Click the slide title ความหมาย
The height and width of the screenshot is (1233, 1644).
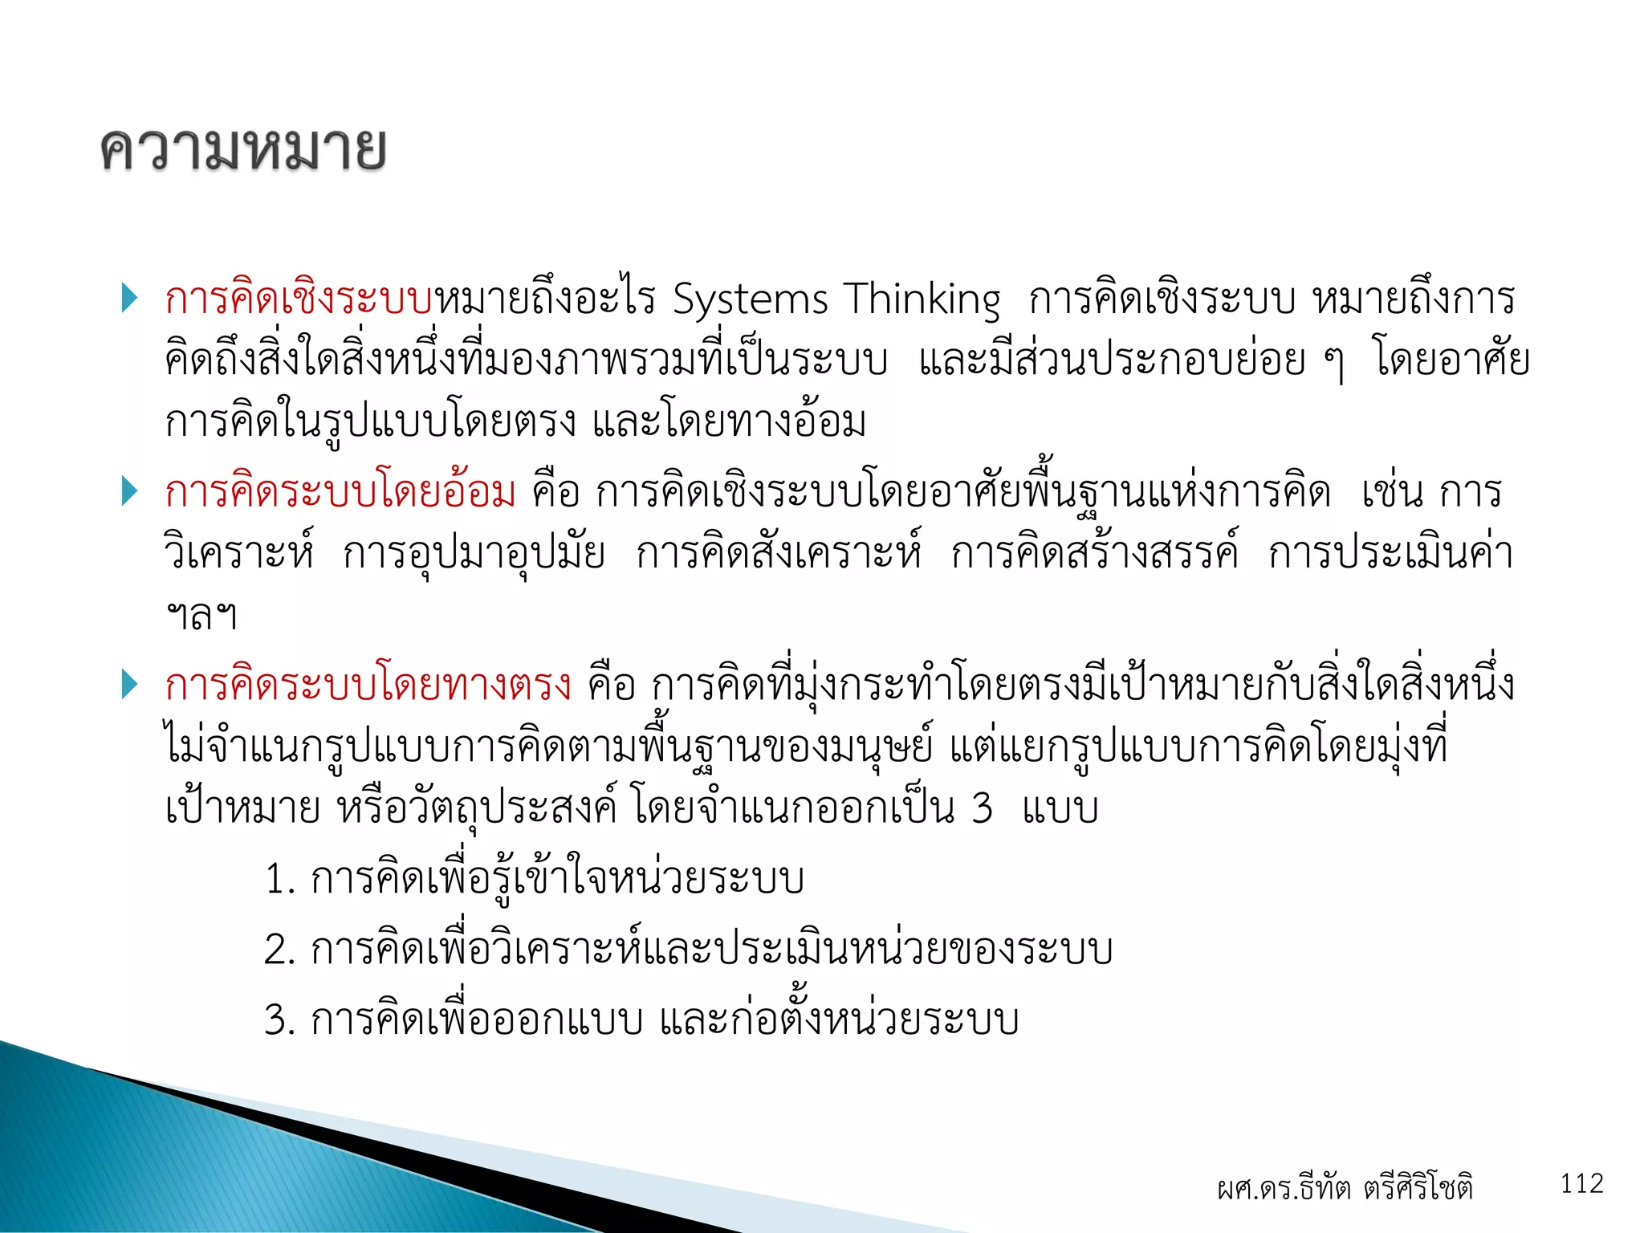(243, 149)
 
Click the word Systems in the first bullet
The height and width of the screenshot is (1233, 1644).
(750, 300)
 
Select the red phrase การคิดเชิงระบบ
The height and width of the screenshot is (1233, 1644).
(299, 299)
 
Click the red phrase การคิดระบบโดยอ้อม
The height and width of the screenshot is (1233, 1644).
(340, 491)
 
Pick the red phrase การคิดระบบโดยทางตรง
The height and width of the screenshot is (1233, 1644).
(368, 685)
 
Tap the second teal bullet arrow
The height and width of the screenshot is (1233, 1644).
(129, 490)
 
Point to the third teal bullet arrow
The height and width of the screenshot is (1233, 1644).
(129, 684)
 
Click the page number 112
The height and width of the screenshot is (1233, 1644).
(1581, 1183)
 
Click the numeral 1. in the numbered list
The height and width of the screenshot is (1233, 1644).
(280, 880)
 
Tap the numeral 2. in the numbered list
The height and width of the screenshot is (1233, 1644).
(280, 950)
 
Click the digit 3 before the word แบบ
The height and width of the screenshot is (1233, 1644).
(982, 809)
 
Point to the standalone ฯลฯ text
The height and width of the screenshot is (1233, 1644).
(201, 616)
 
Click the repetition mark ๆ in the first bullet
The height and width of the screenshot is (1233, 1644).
(1333, 363)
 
